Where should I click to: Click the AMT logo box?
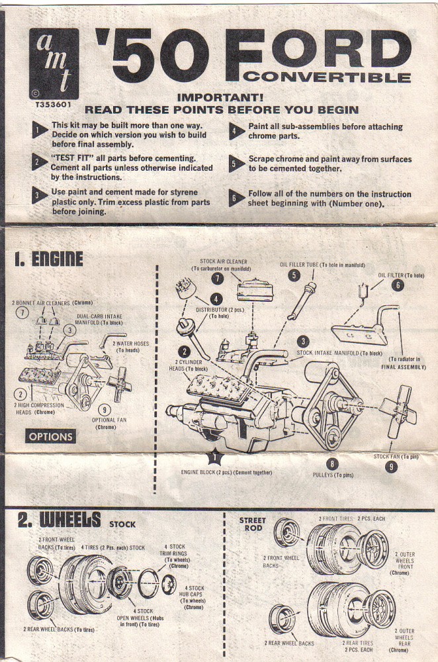54,64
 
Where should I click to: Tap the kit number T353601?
54,105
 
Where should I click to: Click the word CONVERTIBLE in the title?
327,77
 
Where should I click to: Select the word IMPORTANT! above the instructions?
220,97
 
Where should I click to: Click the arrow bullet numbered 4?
236,131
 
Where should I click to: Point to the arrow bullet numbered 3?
39,195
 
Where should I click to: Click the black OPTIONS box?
51,436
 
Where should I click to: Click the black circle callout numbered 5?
294,275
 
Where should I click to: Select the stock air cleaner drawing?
255,290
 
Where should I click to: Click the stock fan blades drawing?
398,410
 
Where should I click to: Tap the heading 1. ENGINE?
48,259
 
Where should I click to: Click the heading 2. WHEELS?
59,520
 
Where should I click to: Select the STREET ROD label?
253,524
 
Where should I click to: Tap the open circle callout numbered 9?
105,410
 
